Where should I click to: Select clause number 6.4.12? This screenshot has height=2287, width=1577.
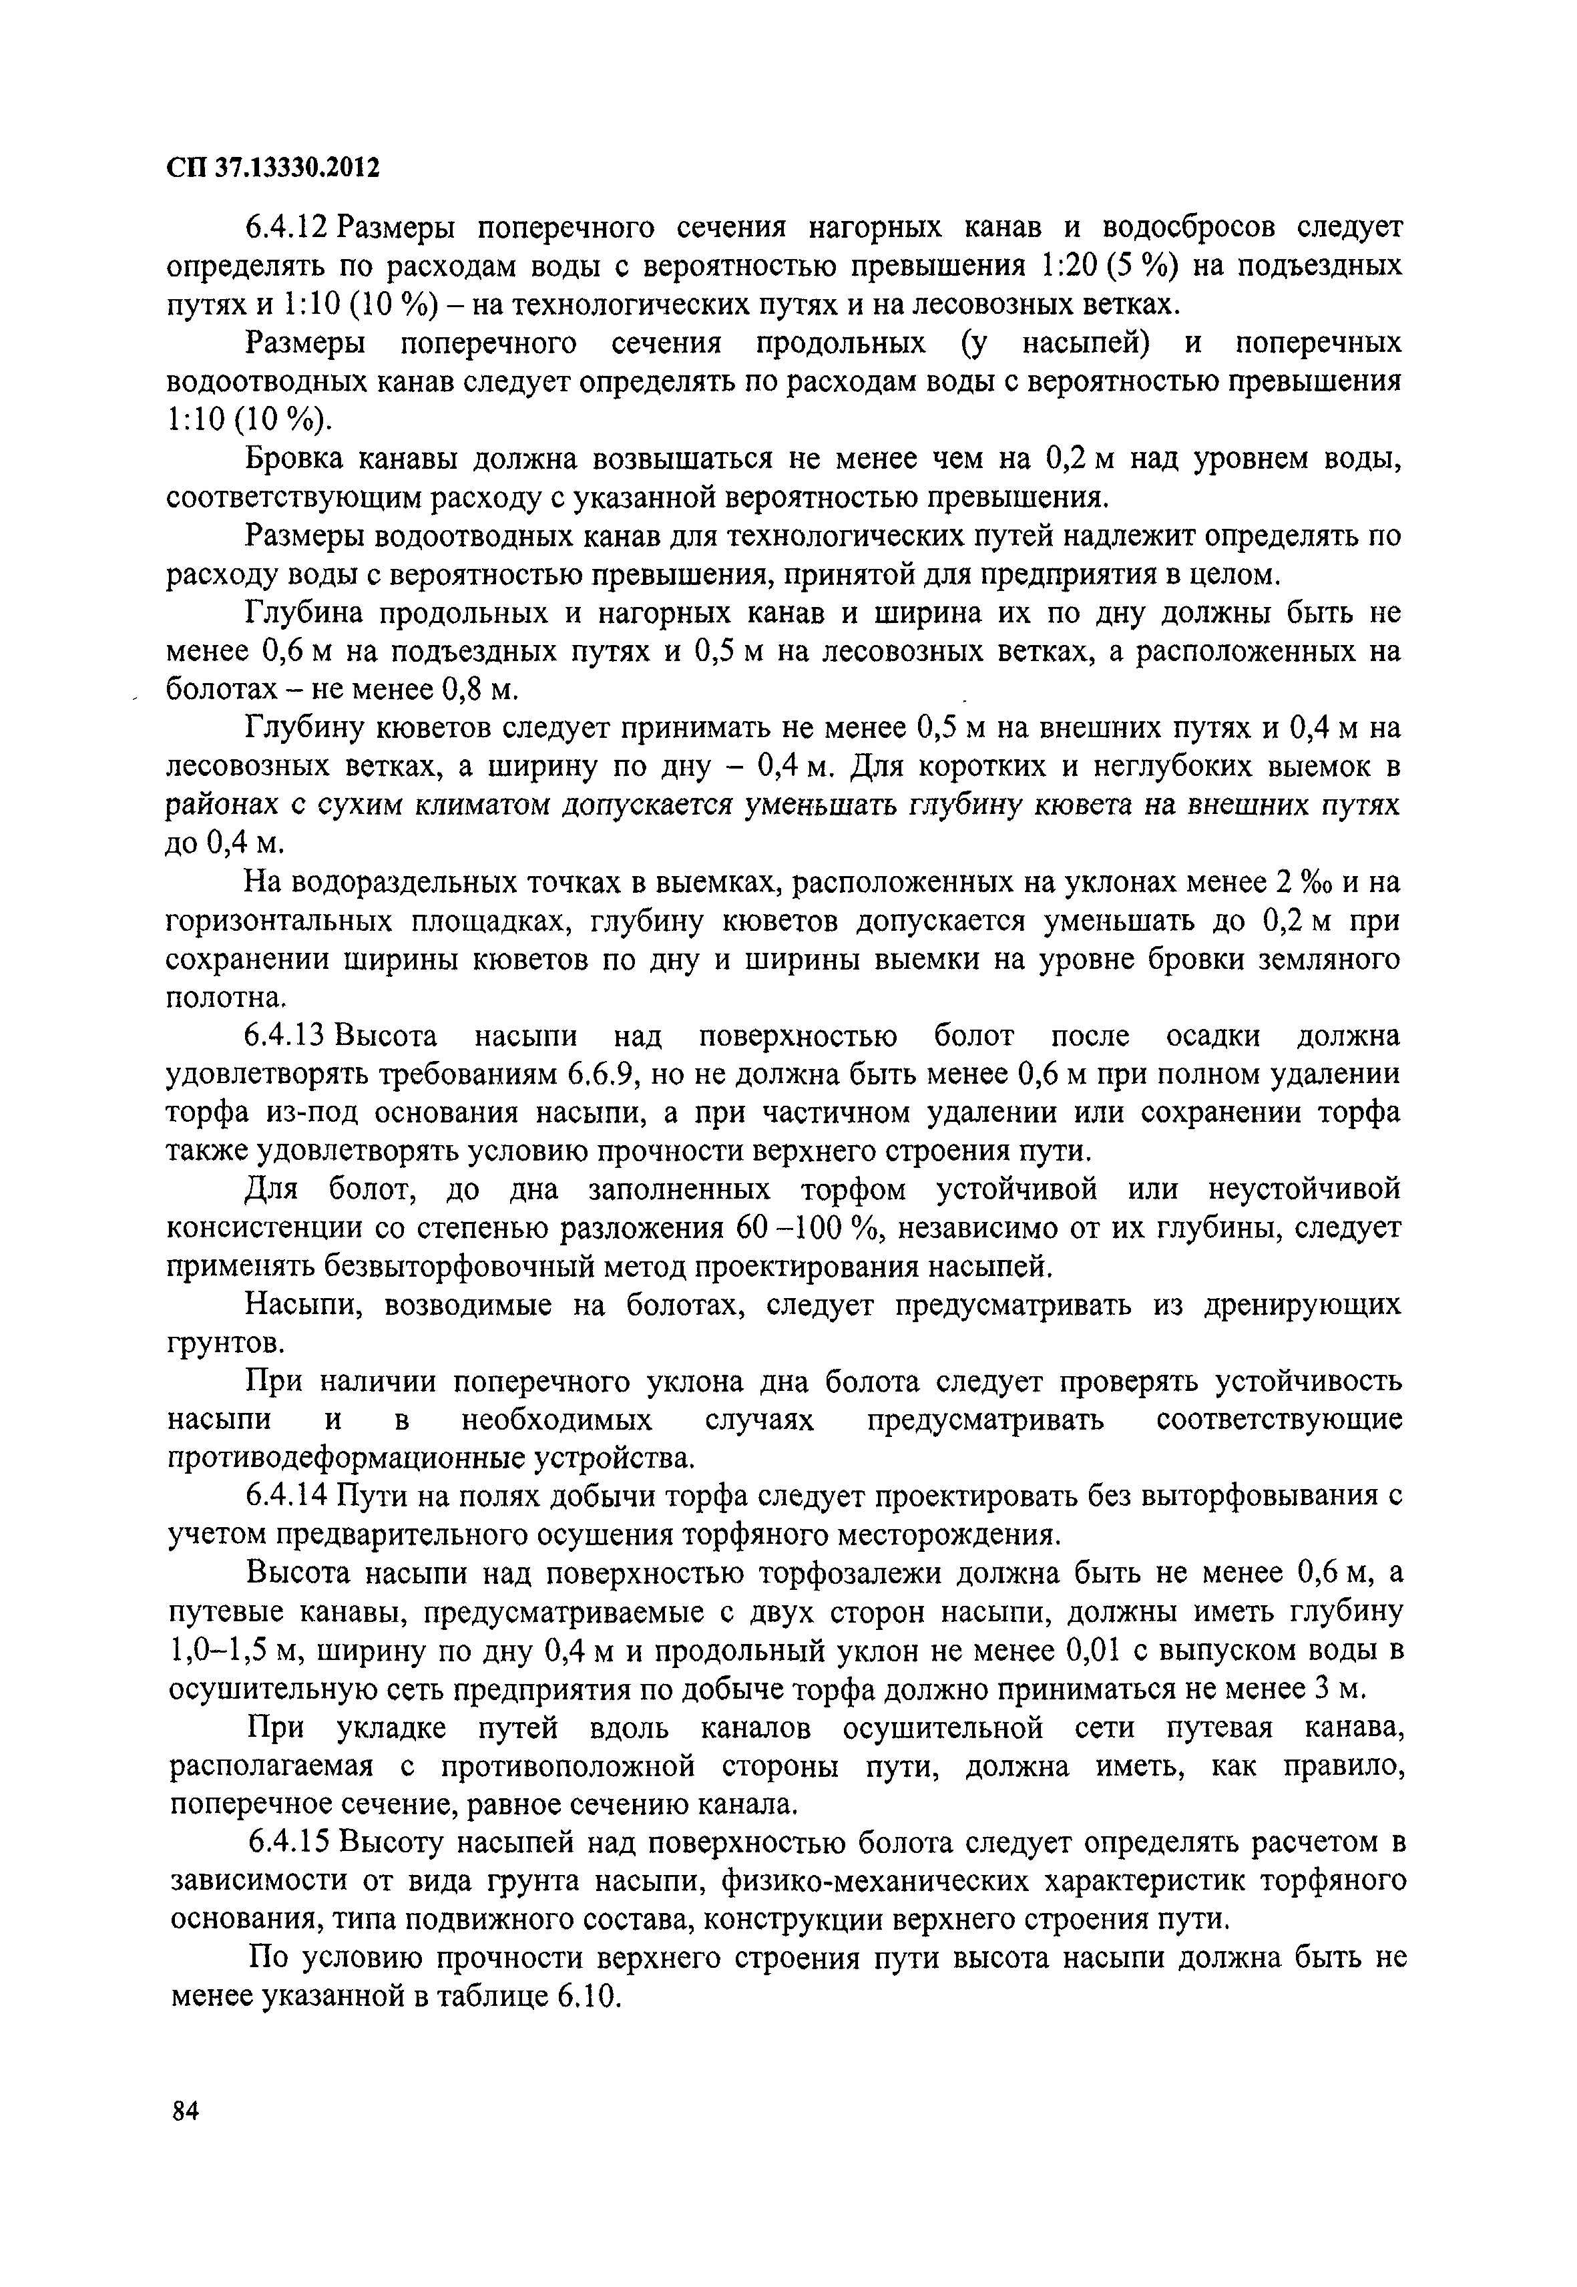pos(286,228)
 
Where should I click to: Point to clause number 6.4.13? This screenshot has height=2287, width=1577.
pos(286,1037)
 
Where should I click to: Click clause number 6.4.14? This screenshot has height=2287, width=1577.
pos(286,1497)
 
